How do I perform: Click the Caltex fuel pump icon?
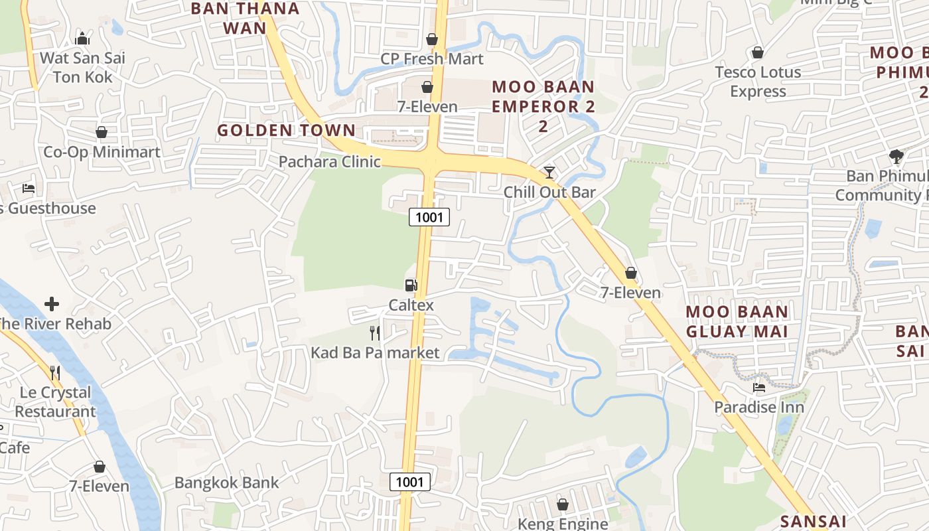pyautogui.click(x=411, y=285)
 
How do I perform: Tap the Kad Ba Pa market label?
pyautogui.click(x=375, y=352)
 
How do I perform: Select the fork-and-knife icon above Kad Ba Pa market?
pyautogui.click(x=375, y=333)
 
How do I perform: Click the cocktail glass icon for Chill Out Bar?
pyautogui.click(x=549, y=173)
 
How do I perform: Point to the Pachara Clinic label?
pyautogui.click(x=329, y=161)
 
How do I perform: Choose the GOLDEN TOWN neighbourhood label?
pyautogui.click(x=286, y=130)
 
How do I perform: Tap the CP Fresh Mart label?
pyautogui.click(x=432, y=59)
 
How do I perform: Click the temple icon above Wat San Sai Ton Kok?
pyautogui.click(x=83, y=38)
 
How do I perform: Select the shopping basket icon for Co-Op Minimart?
pyautogui.click(x=102, y=132)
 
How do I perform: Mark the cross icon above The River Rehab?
pyautogui.click(x=52, y=304)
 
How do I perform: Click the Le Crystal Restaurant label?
pyautogui.click(x=55, y=402)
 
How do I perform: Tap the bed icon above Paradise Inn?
pyautogui.click(x=759, y=387)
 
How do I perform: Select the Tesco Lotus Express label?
pyautogui.click(x=758, y=82)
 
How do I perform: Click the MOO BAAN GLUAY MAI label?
pyautogui.click(x=737, y=321)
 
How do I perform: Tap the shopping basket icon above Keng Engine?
pyautogui.click(x=563, y=504)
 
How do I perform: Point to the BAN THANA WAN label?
pyautogui.click(x=245, y=18)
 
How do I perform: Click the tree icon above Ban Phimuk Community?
pyautogui.click(x=896, y=157)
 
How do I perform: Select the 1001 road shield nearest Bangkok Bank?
pyautogui.click(x=409, y=482)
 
